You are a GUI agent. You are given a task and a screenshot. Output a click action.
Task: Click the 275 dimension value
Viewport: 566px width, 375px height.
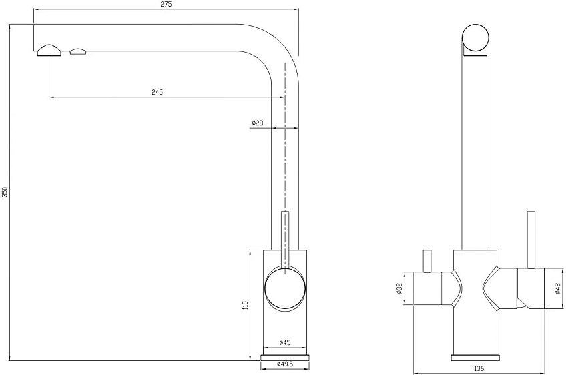coord(166,4)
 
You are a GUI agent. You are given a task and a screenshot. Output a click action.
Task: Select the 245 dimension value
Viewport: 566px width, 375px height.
coord(157,92)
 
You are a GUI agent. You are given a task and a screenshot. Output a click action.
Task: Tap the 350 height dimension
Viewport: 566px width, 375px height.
coord(5,193)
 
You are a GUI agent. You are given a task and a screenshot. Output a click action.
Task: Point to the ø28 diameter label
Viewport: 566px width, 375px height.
coord(258,123)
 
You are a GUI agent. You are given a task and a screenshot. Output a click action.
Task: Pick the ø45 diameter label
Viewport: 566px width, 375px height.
coord(285,342)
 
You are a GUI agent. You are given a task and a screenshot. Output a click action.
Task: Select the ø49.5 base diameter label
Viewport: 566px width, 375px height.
coord(285,364)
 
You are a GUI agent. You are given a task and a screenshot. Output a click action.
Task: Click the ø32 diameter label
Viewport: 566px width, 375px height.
coord(399,288)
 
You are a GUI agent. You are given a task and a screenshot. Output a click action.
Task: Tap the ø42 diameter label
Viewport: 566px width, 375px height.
coord(558,288)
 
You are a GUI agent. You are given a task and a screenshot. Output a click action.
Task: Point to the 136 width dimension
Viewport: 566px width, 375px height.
coord(479,368)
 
